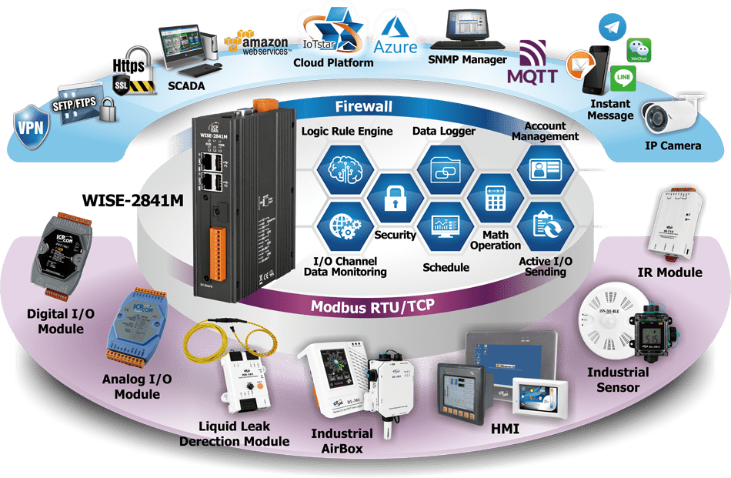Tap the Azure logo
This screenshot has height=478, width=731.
click(396, 38)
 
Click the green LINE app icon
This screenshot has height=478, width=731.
click(623, 78)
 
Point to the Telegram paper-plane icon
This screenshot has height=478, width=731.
click(611, 28)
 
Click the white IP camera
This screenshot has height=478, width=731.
click(670, 115)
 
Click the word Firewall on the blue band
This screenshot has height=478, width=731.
click(364, 107)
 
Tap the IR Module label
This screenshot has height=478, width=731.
click(669, 272)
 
